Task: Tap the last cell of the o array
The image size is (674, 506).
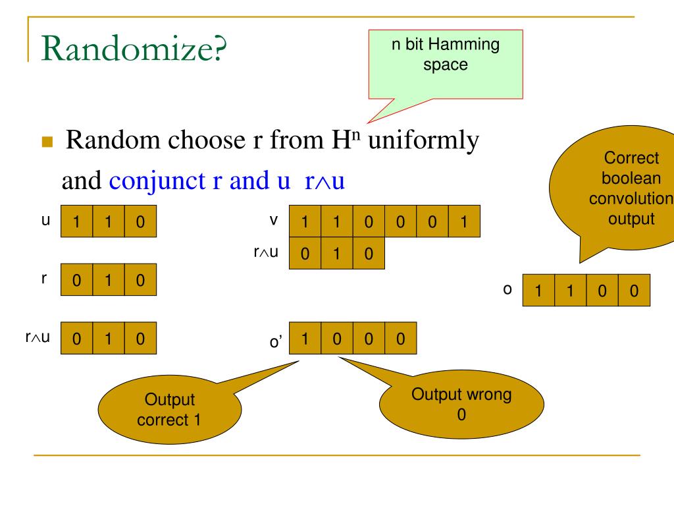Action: click(634, 291)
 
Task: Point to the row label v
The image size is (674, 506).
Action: click(272, 220)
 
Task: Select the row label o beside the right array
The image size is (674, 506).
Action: click(507, 289)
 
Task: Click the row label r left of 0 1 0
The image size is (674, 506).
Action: click(45, 278)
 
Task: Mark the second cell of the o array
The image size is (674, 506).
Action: click(570, 291)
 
